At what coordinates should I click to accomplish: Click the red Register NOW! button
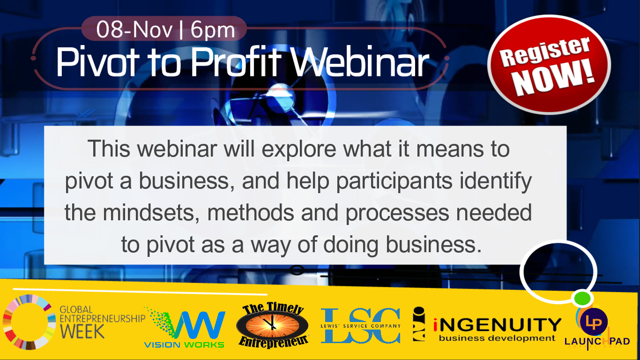(x=549, y=65)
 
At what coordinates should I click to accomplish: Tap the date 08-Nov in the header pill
(x=134, y=30)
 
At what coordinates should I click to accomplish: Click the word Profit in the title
(x=236, y=61)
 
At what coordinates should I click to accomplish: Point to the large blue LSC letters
(x=361, y=326)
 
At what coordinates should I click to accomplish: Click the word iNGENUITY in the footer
(x=498, y=325)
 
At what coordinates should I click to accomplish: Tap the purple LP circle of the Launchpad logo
(x=594, y=322)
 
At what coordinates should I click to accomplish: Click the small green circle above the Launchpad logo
(x=582, y=299)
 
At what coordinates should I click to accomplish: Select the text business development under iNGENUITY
(x=497, y=338)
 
